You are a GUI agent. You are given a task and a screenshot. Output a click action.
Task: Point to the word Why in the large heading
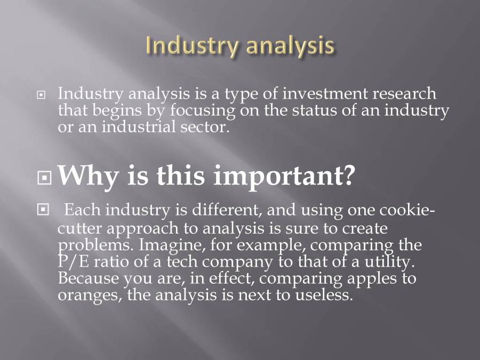[x=85, y=175]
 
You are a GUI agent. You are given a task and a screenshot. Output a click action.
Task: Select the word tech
[x=181, y=262]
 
